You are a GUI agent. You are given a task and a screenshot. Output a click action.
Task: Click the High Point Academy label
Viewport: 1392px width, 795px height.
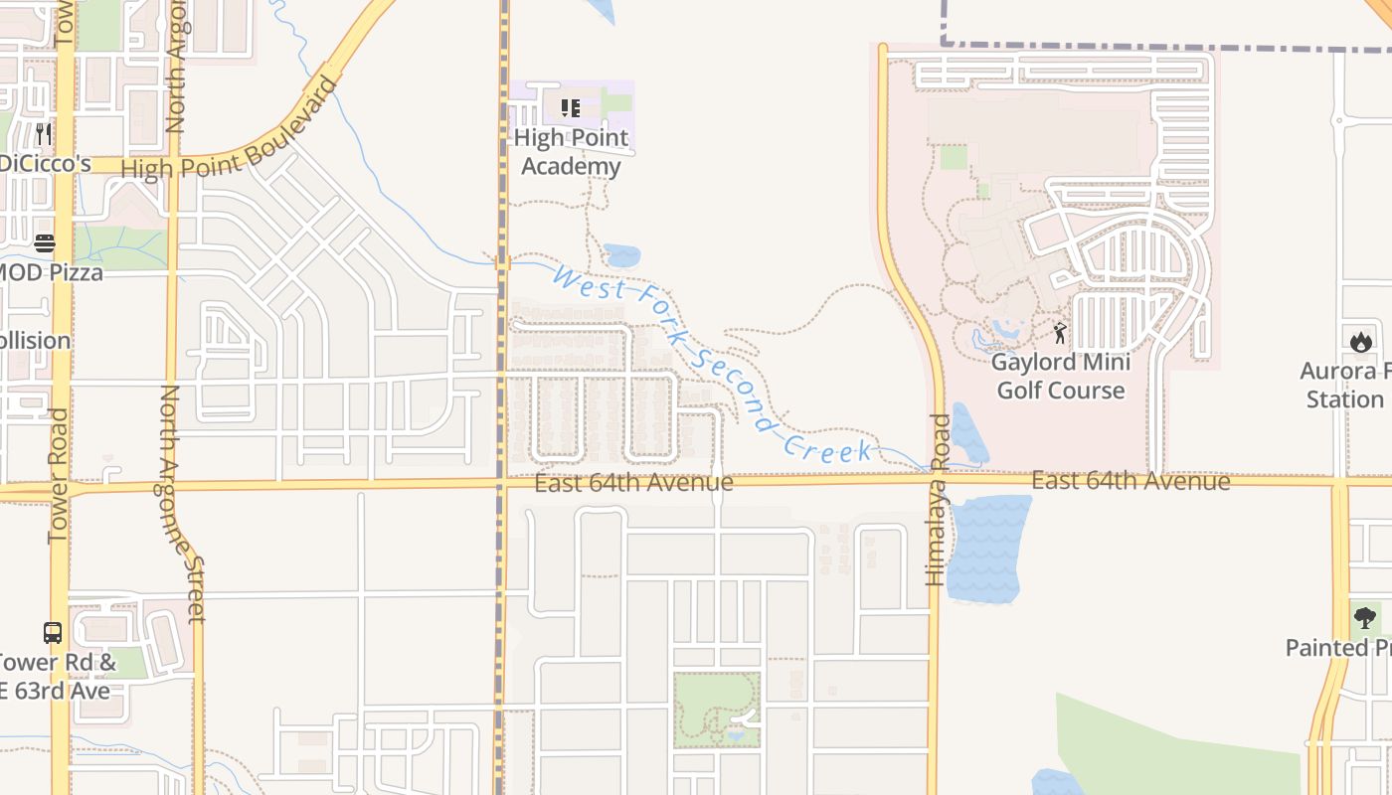click(x=571, y=152)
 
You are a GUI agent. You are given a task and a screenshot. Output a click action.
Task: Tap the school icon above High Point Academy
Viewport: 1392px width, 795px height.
click(x=570, y=107)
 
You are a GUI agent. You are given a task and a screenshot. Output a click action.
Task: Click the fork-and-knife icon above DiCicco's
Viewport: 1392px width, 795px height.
click(x=43, y=133)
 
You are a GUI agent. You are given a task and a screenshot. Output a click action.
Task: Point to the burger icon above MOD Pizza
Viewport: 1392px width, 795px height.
click(x=45, y=243)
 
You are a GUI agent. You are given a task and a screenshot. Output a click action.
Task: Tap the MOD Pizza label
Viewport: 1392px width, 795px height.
click(x=50, y=272)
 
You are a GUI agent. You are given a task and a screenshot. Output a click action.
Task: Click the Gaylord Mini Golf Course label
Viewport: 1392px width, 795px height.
click(x=1061, y=376)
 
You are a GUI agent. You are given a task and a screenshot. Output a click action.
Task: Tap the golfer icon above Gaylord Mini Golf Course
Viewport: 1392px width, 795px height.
click(x=1060, y=333)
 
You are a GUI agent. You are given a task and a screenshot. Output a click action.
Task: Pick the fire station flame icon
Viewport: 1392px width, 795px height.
click(x=1360, y=342)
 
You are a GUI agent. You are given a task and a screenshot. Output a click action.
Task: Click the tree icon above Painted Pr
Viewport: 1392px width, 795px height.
click(x=1365, y=618)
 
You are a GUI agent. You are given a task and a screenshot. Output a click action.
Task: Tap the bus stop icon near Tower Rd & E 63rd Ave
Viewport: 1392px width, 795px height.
click(x=53, y=633)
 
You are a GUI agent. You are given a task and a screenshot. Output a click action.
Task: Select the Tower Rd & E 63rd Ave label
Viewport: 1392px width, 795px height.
click(x=58, y=677)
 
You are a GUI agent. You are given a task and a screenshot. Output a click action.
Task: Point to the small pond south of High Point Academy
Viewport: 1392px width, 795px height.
click(x=621, y=255)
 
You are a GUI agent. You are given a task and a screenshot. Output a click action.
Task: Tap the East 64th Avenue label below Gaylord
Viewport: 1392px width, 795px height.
click(x=1131, y=482)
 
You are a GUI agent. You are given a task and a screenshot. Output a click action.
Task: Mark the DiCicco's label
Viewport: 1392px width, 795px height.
click(x=46, y=164)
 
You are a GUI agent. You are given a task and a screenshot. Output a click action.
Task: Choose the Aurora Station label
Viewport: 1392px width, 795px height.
click(x=1345, y=386)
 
